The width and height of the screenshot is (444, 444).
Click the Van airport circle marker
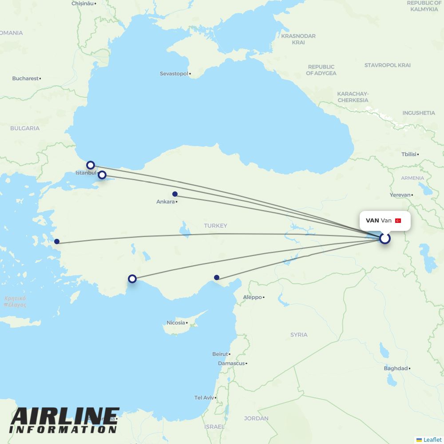pos(385,238)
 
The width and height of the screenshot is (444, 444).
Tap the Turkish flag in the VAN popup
pos(398,221)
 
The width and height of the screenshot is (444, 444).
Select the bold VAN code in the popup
pos(372,221)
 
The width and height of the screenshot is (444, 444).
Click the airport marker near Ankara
pos(175,194)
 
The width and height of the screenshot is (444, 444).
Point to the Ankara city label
pos(166,202)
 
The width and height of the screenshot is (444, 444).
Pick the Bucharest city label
pos(25,79)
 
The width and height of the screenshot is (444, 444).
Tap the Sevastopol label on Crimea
pos(174,74)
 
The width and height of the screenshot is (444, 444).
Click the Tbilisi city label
pos(409,155)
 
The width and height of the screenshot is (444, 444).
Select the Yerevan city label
pos(400,195)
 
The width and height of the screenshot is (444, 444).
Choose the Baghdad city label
pos(396,369)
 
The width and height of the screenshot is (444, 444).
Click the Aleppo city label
pos(252,297)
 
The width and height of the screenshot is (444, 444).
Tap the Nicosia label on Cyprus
pos(176,323)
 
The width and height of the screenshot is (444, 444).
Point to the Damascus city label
pos(231,364)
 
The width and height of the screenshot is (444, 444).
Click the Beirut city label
pos(220,354)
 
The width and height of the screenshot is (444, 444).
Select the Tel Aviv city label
pos(204,398)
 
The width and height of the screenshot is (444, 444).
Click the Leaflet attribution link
pos(432,440)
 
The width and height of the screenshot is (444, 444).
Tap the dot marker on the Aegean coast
pos(57,242)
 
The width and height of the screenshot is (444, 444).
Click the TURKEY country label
pos(215,226)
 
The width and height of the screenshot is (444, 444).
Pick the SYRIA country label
pos(299,335)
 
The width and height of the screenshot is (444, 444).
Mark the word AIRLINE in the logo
pos(65,416)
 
